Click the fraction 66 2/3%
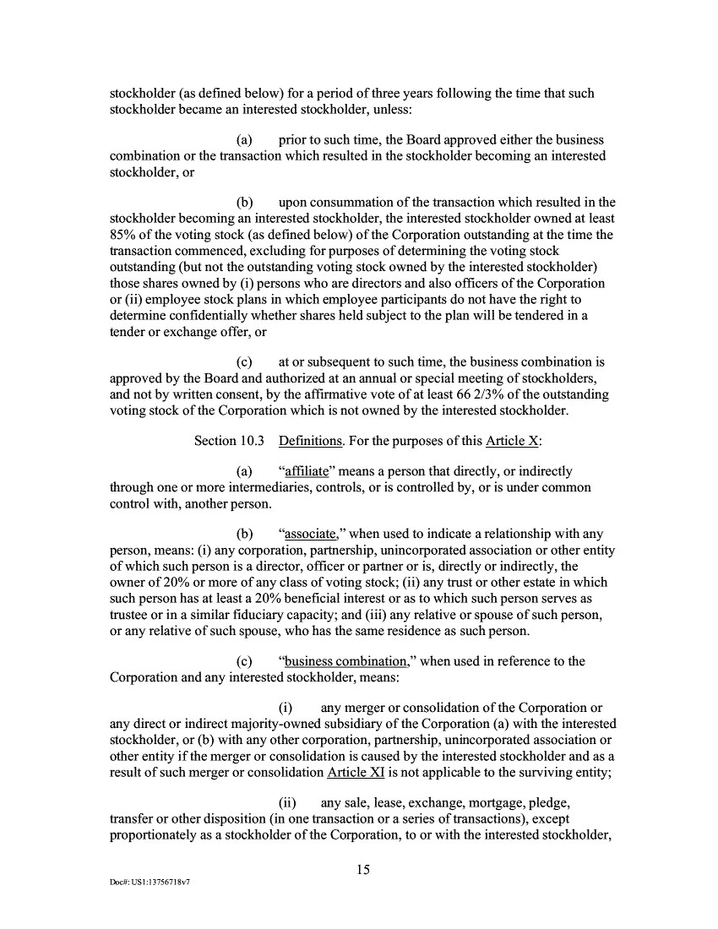coord(508,394)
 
